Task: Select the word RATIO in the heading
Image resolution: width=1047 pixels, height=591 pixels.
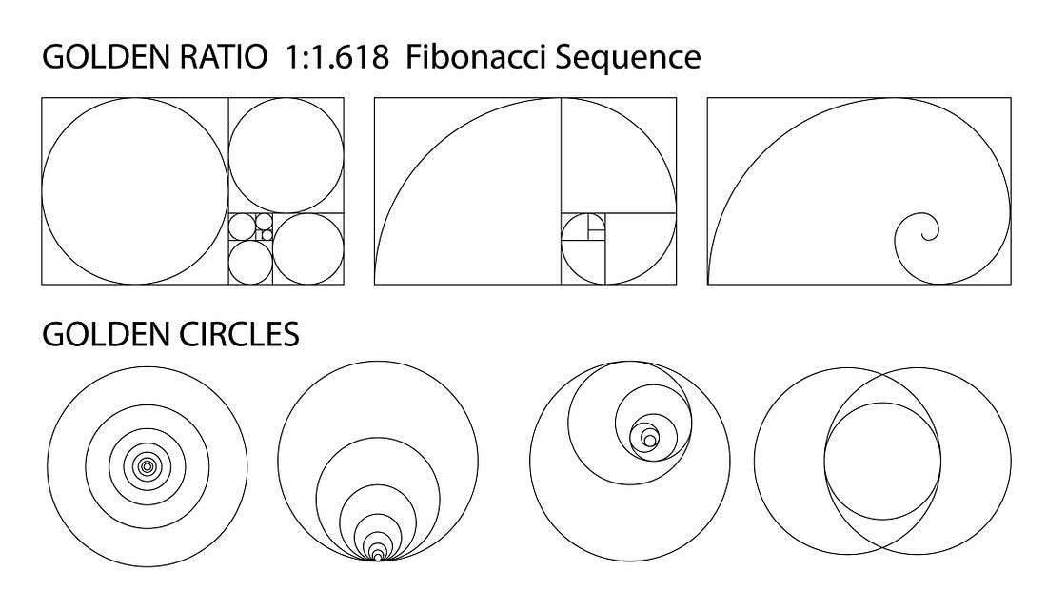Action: (x=223, y=57)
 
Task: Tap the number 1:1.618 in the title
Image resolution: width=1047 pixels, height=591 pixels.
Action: (x=337, y=57)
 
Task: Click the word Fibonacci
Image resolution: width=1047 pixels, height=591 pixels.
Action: (x=476, y=57)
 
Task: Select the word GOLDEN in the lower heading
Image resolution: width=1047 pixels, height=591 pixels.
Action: (x=107, y=334)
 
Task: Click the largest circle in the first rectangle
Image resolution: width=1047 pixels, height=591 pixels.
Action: (x=42, y=191)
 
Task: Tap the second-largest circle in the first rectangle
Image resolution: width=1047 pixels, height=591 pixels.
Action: (x=229, y=155)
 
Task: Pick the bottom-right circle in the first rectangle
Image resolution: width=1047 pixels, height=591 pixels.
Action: (x=273, y=249)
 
